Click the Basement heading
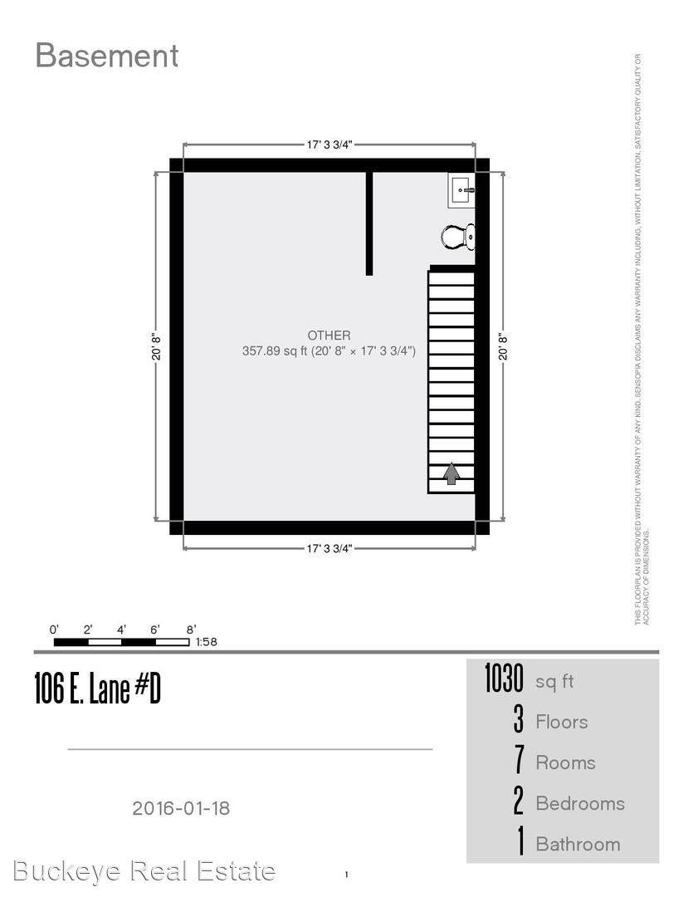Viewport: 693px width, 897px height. [106, 56]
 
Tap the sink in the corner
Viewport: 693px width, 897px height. [461, 191]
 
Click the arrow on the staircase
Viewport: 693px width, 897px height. [451, 473]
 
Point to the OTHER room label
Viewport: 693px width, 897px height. [329, 335]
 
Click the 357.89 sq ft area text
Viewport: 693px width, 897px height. [329, 351]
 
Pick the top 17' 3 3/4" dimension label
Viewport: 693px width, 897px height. [329, 145]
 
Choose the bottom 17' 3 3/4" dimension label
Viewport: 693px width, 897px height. [329, 548]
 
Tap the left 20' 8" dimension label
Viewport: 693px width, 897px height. [156, 346]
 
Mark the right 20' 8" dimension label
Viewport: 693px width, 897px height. [502, 346]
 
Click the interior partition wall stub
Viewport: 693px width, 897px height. [369, 223]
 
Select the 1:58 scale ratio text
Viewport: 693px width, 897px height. [207, 642]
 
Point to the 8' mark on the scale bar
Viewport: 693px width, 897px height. [191, 630]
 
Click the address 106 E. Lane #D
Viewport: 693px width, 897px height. [97, 689]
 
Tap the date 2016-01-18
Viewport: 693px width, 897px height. [181, 807]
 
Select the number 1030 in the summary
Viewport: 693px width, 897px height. [504, 679]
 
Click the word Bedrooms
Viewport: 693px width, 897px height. [579, 803]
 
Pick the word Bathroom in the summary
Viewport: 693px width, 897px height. [578, 844]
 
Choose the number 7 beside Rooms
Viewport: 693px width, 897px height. [519, 761]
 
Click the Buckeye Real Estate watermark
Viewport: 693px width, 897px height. [144, 870]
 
